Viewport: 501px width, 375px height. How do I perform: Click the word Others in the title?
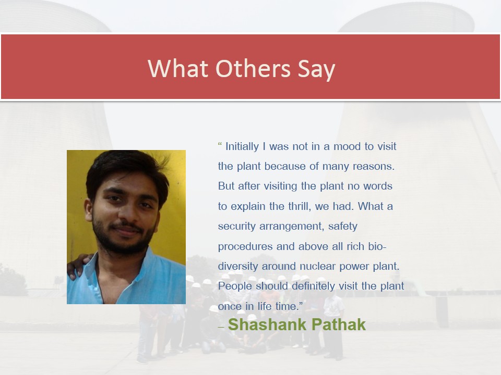pos(253,68)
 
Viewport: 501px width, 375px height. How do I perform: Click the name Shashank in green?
pos(267,324)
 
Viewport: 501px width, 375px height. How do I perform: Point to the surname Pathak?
pos(338,324)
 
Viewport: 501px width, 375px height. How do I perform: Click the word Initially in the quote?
pos(242,147)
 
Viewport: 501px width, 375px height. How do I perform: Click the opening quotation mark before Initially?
pos(220,144)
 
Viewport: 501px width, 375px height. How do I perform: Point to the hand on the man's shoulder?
pos(78,265)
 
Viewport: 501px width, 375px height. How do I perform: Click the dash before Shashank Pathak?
pos(221,328)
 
